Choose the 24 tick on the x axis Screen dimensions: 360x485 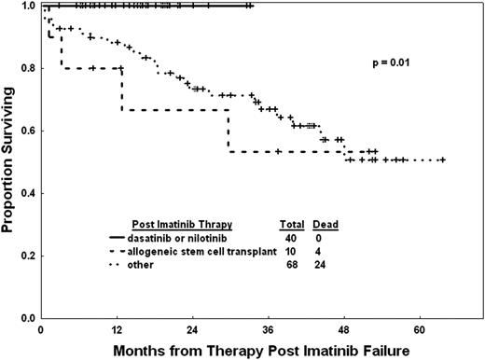(192, 328)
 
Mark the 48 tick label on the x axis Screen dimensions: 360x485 (344, 328)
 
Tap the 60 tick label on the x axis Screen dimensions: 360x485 (420, 328)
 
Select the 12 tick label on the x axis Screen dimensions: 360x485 (117, 328)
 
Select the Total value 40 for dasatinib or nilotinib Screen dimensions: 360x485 (290, 238)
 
